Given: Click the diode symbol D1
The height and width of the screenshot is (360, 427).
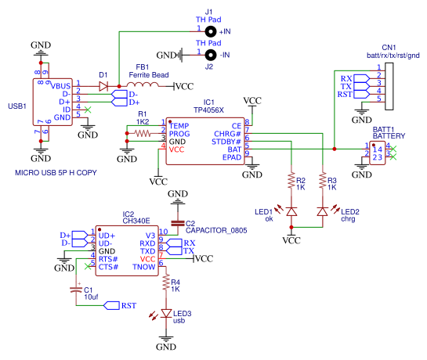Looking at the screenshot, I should point(104,85).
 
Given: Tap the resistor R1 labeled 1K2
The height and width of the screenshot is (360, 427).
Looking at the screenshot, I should point(143,134).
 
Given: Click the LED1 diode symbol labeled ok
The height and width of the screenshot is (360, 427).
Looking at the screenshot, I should point(291,211).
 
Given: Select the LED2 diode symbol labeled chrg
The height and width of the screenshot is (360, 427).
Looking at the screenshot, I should point(322,211).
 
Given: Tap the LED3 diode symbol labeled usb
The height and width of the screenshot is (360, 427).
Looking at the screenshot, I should point(166,314).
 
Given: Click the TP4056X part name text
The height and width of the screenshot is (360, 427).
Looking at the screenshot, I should point(209,110).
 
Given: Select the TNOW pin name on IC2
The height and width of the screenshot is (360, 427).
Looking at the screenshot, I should point(144,266).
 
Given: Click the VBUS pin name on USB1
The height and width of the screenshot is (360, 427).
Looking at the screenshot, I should point(61,85).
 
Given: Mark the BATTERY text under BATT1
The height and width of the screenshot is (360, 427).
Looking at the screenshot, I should point(389,135).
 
